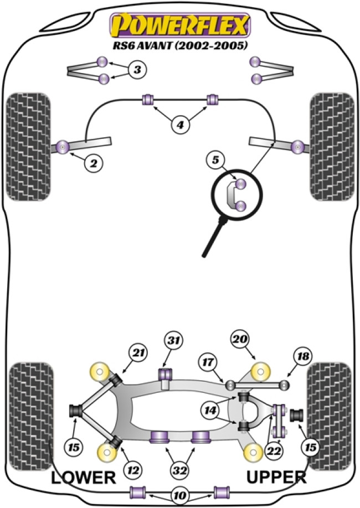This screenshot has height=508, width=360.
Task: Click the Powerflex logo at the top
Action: (181, 25)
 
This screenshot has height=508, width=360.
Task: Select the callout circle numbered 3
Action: (137, 70)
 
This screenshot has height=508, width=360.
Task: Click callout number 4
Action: (180, 126)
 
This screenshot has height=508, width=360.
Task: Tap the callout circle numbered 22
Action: (273, 452)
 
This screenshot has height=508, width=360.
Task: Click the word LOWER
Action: (83, 478)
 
